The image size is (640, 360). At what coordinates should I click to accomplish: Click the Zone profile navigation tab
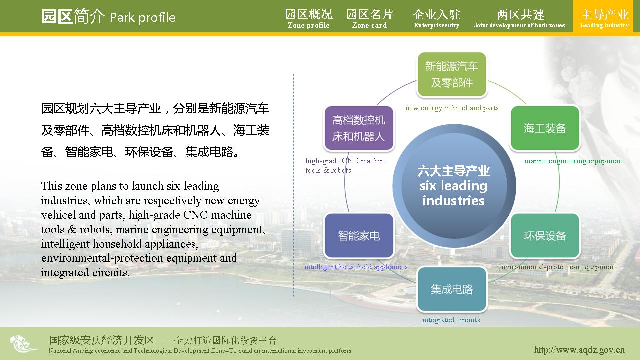(x=309, y=19)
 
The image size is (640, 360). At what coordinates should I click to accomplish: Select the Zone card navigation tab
(x=369, y=19)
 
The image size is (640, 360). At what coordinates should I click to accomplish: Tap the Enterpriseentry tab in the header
(x=437, y=19)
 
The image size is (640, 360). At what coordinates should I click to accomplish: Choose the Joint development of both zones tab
(x=519, y=19)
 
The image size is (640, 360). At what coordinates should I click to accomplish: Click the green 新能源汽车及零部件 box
(x=452, y=74)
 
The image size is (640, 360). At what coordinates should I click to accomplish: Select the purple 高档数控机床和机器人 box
(x=359, y=128)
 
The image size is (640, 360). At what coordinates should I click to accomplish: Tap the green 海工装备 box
(x=545, y=128)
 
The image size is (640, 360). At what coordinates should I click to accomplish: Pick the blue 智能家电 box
(x=359, y=235)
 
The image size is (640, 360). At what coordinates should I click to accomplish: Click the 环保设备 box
(x=545, y=235)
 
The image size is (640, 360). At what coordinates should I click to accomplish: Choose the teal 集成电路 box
(x=452, y=289)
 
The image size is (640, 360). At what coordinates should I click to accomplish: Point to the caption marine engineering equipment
(x=573, y=161)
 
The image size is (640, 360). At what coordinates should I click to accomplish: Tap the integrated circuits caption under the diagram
(x=451, y=320)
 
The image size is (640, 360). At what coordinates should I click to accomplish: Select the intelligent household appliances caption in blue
(x=356, y=267)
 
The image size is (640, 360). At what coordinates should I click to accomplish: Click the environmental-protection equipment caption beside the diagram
(x=557, y=267)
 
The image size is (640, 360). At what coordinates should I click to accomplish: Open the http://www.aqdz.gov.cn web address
(x=579, y=350)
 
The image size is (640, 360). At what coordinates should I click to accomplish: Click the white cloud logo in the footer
(x=24, y=344)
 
